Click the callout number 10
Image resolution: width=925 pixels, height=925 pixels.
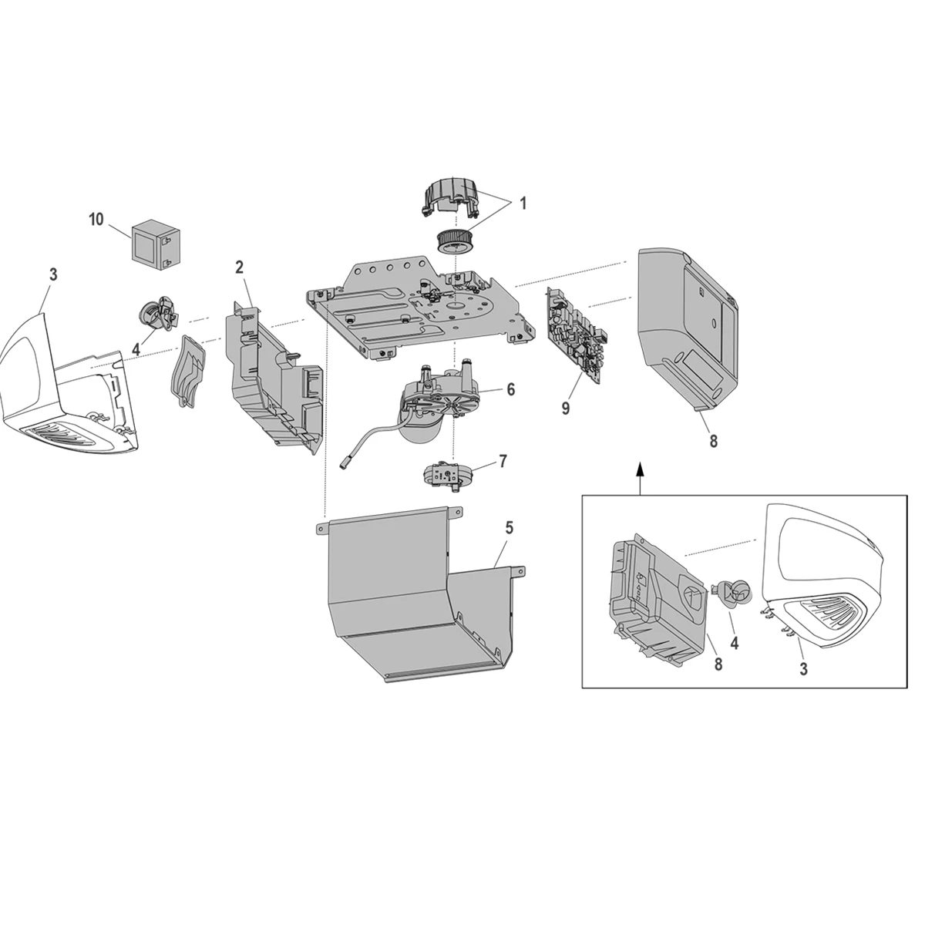pos(96,219)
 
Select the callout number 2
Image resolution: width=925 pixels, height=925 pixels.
pos(240,267)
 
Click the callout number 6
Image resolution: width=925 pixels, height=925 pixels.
pos(510,389)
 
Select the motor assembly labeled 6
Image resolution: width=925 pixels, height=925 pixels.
pos(436,401)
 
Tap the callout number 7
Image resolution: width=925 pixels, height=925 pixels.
pos(503,461)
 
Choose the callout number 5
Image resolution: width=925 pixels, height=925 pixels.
pos(509,528)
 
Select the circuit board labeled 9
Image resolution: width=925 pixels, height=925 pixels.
pos(577,335)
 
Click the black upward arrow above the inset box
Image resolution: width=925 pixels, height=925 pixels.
pos(639,470)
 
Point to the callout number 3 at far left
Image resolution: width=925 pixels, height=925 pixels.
pos(52,274)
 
